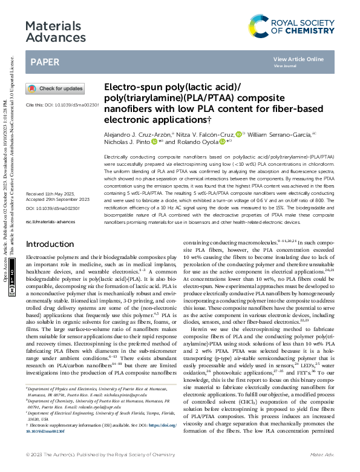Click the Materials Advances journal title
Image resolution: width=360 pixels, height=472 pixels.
click(56, 32)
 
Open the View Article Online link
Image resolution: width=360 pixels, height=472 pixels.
click(298, 59)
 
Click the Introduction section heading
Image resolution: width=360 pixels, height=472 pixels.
click(54, 261)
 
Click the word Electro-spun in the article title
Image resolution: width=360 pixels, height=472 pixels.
click(131, 87)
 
